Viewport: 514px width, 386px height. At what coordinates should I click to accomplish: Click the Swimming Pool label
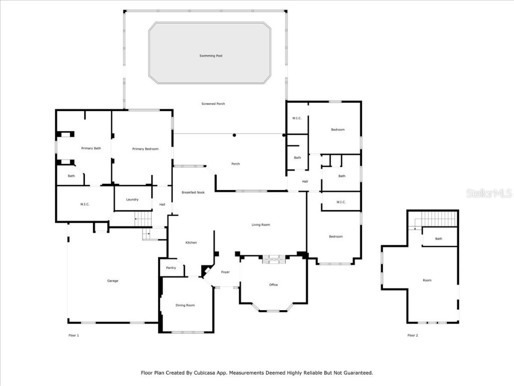pyautogui.click(x=211, y=56)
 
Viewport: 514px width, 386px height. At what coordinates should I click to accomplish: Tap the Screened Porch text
pyautogui.click(x=213, y=104)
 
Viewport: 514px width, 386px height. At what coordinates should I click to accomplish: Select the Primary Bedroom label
pyautogui.click(x=145, y=149)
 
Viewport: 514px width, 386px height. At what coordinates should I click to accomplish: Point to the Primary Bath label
pyautogui.click(x=91, y=148)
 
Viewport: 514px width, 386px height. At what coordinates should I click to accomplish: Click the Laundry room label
pyautogui.click(x=133, y=200)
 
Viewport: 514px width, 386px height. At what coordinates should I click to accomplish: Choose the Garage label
pyautogui.click(x=112, y=280)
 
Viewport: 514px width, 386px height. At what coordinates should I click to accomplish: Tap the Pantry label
pyautogui.click(x=171, y=268)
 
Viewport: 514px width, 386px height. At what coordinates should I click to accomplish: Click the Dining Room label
pyautogui.click(x=185, y=305)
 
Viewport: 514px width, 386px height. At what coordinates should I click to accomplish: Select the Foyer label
pyautogui.click(x=225, y=272)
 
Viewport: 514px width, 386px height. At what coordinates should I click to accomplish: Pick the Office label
pyautogui.click(x=273, y=285)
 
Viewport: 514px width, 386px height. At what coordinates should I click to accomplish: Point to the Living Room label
pyautogui.click(x=261, y=225)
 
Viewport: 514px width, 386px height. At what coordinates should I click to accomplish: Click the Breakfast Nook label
pyautogui.click(x=193, y=192)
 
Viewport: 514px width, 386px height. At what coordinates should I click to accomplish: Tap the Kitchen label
pyautogui.click(x=191, y=243)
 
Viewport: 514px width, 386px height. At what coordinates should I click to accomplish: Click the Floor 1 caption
pyautogui.click(x=74, y=335)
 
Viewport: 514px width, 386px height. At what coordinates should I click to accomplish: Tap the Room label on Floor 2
pyautogui.click(x=427, y=280)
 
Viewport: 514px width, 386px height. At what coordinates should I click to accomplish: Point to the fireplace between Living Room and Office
pyautogui.click(x=274, y=259)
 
